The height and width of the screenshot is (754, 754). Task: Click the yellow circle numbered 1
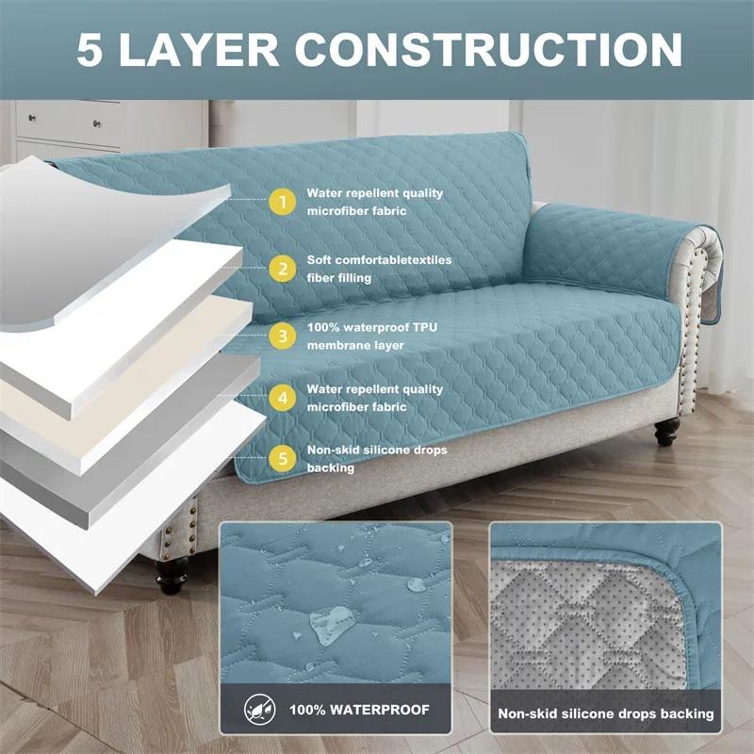pos(280,202)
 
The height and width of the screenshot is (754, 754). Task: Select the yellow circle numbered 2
pos(280,269)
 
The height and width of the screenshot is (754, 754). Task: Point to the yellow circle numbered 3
pos(280,336)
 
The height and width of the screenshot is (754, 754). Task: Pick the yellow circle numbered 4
pos(280,398)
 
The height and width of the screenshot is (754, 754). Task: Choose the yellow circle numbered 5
pos(280,459)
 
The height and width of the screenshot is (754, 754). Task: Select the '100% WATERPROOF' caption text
pos(359,710)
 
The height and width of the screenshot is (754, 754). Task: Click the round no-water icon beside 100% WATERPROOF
pos(256,709)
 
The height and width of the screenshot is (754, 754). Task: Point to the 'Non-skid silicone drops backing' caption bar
pos(606,713)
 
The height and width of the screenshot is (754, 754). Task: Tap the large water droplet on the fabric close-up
pos(332,620)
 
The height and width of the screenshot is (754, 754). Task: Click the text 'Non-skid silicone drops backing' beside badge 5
pos(376,459)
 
